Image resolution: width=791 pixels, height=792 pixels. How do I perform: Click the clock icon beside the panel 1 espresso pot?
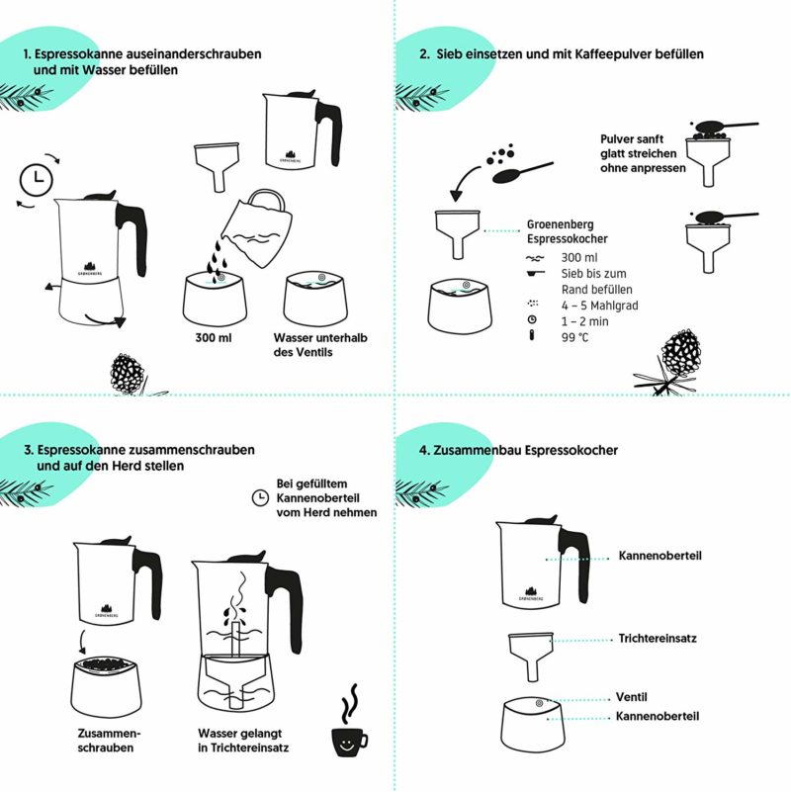click(37, 179)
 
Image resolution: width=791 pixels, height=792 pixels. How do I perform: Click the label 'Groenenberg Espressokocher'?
click(567, 231)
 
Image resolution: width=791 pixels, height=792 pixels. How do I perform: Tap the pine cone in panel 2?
click(681, 351)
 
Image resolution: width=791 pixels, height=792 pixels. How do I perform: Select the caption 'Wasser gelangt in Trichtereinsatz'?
click(242, 742)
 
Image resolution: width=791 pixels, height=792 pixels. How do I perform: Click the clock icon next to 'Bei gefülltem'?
click(259, 497)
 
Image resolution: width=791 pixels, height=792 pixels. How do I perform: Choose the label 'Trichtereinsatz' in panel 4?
click(658, 639)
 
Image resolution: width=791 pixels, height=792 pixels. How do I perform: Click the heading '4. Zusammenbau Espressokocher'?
click(518, 450)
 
